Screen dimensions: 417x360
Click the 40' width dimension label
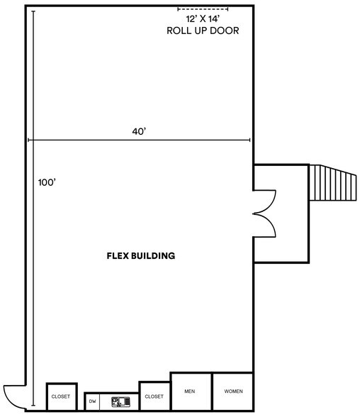pos(139,131)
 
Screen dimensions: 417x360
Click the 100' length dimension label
pos(47,182)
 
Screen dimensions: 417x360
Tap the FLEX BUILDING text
pos(140,255)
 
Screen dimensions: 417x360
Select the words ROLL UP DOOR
pos(202,31)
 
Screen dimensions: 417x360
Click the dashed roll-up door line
pos(202,9)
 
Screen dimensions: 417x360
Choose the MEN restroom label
pos(190,391)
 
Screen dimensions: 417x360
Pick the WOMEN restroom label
pos(233,391)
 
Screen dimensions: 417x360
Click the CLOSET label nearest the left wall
pos(60,396)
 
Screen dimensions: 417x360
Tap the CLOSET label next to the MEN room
pos(154,396)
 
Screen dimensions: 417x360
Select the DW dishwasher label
pos(92,401)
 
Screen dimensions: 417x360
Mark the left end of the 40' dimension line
pos(28,140)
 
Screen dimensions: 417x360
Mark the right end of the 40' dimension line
pos(250,140)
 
